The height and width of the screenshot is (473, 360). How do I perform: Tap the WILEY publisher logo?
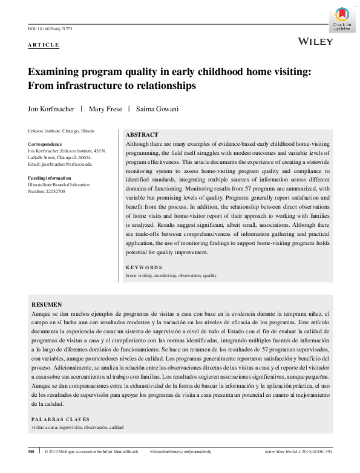click(316, 41)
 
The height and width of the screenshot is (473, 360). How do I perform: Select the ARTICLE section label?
click(44, 45)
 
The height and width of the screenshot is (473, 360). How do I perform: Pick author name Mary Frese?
click(105, 109)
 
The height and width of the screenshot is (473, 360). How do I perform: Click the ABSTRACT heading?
click(142, 135)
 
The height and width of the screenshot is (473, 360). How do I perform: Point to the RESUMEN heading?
click(46, 305)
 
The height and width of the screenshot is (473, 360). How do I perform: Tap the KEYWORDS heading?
click(143, 267)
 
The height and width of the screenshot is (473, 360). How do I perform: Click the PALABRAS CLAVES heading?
click(60, 419)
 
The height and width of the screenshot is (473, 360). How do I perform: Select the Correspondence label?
click(45, 145)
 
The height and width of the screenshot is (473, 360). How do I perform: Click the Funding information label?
click(50, 178)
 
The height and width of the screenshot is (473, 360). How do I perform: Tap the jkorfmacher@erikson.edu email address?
click(67, 164)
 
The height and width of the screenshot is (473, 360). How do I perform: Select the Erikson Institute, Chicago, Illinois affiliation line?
click(61, 131)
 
